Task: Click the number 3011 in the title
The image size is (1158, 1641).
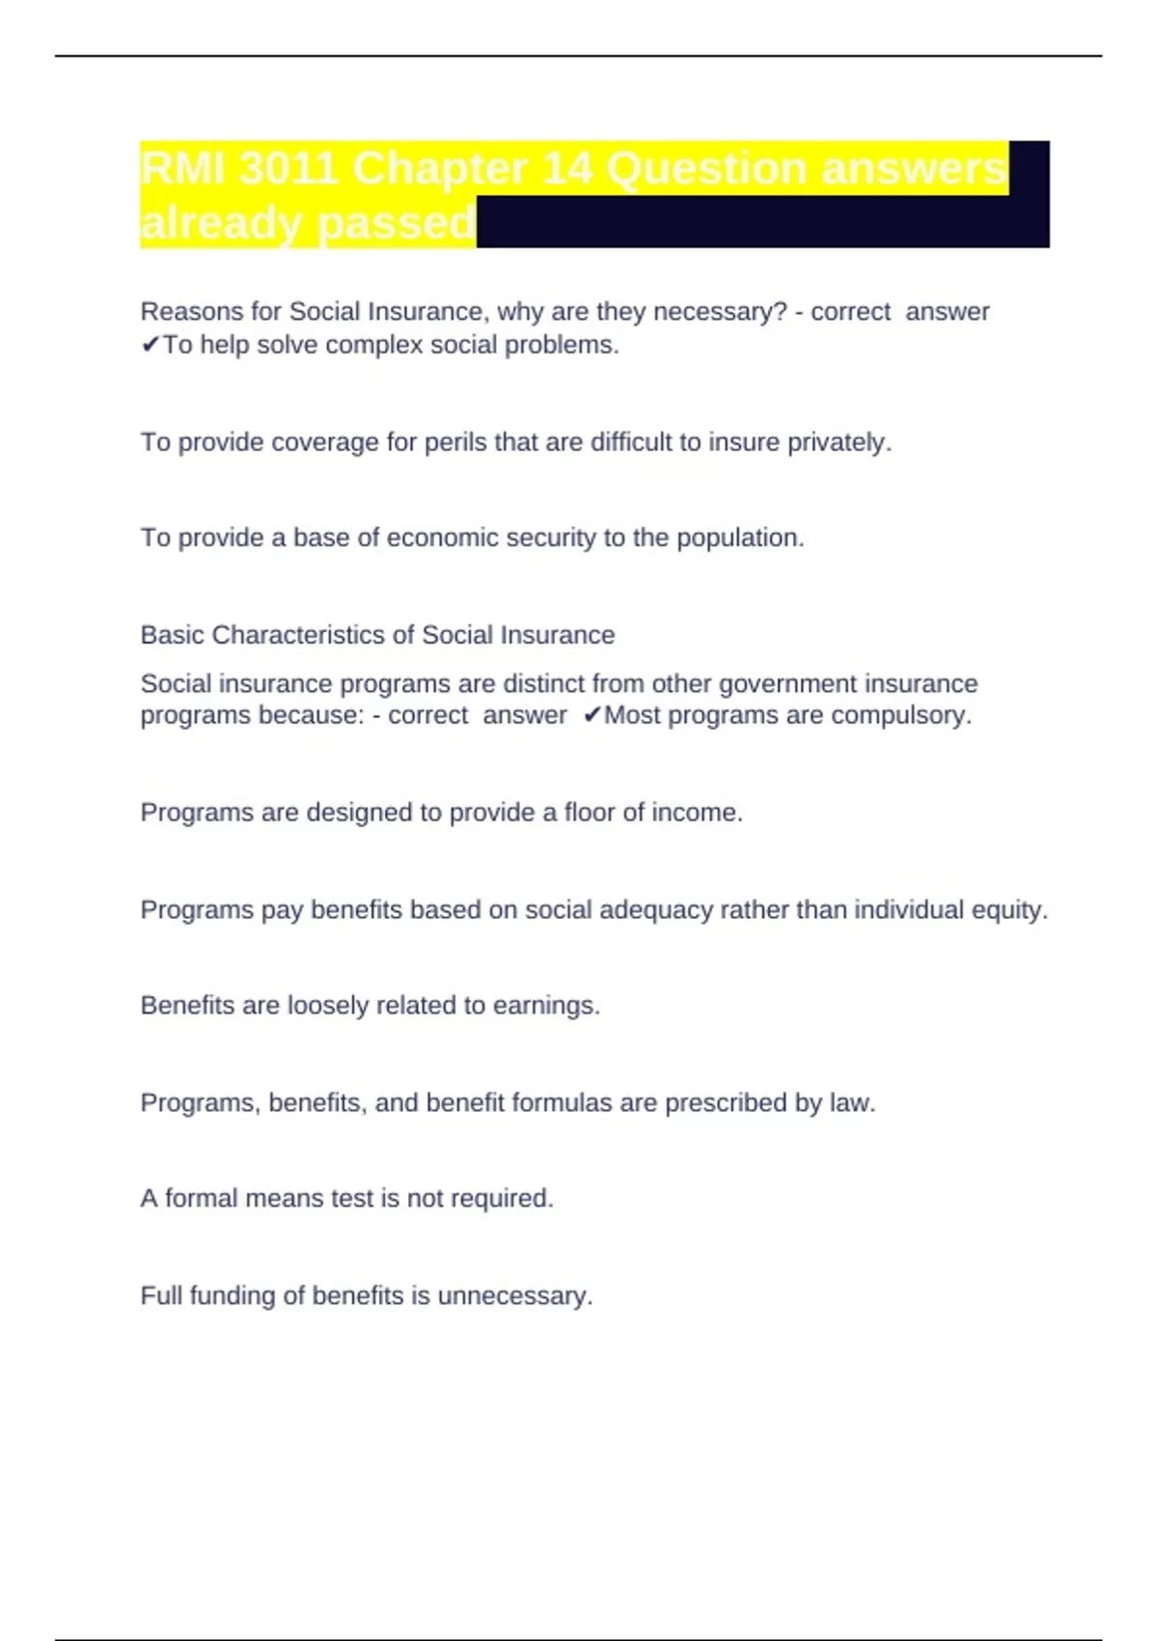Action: (x=289, y=170)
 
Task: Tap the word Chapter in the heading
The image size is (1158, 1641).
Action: (x=440, y=170)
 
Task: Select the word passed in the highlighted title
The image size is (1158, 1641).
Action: (x=396, y=224)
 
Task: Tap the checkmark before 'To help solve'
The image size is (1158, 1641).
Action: (x=150, y=345)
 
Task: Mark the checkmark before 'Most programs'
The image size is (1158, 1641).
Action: (x=592, y=715)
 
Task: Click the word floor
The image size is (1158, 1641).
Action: (x=589, y=813)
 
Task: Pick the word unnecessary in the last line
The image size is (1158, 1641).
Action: (x=514, y=1295)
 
